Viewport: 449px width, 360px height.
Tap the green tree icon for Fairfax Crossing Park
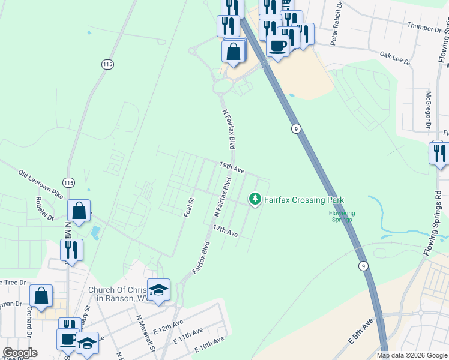255,199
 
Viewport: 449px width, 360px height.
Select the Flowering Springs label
342,216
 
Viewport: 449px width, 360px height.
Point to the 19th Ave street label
231,167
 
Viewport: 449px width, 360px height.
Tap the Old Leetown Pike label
41,185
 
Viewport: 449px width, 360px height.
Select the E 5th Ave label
360,331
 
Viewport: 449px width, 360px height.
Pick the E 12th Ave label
167,327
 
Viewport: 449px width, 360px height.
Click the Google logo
20,353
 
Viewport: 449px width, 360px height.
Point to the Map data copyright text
411,355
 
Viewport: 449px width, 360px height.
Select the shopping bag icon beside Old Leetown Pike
79,211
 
